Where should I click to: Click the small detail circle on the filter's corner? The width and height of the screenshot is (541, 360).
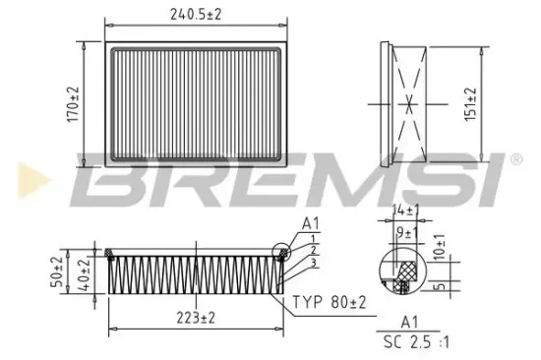[286, 252]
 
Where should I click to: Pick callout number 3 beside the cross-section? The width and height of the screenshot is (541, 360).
[311, 263]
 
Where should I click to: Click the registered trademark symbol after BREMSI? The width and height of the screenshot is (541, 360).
[514, 158]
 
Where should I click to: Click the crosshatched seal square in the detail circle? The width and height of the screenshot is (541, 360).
[401, 285]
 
